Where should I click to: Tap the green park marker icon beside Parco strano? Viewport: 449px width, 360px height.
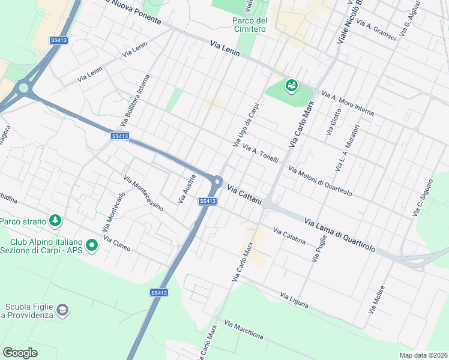(55, 221)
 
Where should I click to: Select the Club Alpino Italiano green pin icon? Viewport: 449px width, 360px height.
(92, 245)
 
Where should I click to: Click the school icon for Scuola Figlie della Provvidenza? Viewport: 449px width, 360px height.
(62, 310)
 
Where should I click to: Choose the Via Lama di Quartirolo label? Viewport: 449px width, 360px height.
(340, 235)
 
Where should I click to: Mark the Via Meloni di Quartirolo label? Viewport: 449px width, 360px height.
(320, 181)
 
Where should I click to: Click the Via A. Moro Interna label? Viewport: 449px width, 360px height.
(348, 103)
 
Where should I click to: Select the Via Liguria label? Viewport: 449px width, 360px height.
(294, 301)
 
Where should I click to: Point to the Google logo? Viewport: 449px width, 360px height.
(20, 353)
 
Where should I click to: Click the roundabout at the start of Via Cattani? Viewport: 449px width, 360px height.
(217, 181)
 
